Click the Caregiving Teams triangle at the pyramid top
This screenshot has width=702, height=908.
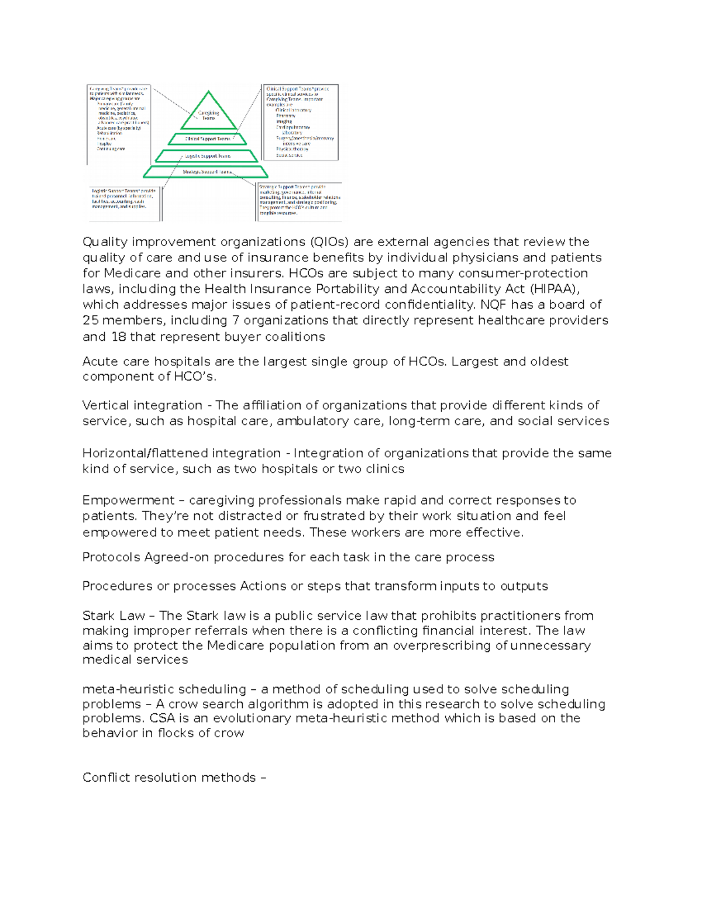(x=208, y=114)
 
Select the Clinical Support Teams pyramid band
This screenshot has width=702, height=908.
(x=208, y=139)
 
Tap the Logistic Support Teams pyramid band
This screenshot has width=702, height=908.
(x=207, y=156)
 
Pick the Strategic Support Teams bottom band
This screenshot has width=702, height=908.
(x=206, y=172)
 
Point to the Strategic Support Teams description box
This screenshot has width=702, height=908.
(x=299, y=202)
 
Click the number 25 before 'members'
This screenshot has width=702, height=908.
(x=91, y=320)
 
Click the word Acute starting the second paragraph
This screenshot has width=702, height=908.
(x=100, y=362)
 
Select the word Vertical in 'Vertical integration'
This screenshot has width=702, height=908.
(x=105, y=406)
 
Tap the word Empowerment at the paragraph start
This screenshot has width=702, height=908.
(x=128, y=500)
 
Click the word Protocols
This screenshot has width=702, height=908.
(x=111, y=557)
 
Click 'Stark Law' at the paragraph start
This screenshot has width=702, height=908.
(x=113, y=616)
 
